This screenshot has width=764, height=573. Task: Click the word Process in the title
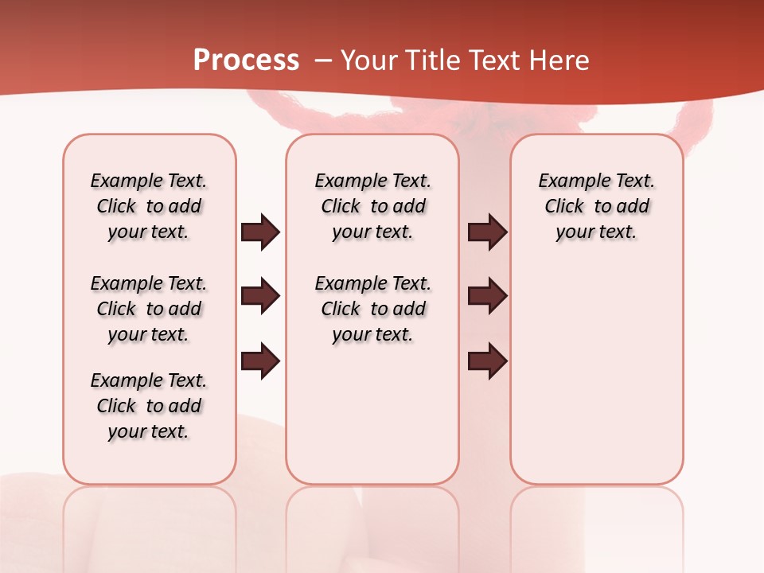246,60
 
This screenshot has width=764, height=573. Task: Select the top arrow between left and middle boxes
260,232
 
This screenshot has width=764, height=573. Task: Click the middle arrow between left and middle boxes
260,296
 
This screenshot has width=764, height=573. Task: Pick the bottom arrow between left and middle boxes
260,361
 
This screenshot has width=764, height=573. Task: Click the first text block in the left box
149,206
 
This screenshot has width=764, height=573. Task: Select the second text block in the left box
149,309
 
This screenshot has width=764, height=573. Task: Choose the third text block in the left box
149,406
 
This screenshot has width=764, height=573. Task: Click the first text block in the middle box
372,206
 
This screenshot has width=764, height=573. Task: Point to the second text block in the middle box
372,309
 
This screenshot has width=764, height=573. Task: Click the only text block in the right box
596,206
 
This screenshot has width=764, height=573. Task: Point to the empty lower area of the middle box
372,414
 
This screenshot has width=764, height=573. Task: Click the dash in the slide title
323,60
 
